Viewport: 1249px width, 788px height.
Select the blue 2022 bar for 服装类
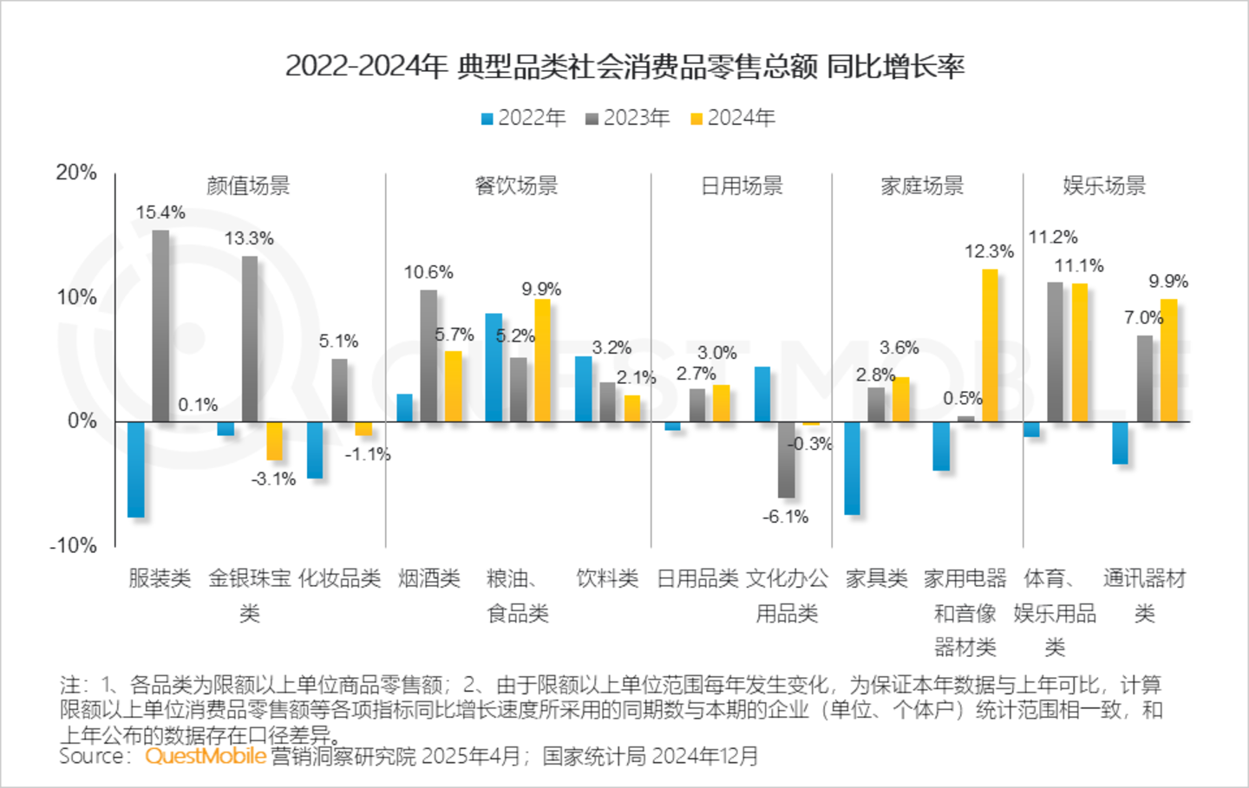click(136, 469)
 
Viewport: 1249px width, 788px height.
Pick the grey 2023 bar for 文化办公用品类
click(787, 459)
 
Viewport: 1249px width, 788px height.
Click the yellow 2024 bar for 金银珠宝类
click(274, 440)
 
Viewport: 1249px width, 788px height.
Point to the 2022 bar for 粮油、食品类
click(494, 368)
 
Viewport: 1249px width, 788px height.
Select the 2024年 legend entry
click(733, 118)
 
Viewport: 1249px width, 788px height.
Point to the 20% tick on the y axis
click(76, 173)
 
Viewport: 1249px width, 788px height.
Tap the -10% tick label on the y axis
click(73, 545)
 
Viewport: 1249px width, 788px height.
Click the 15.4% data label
click(160, 212)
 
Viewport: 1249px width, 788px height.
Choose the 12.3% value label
click(989, 251)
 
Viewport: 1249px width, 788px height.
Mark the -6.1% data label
click(786, 517)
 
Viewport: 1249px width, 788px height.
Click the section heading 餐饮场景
click(517, 186)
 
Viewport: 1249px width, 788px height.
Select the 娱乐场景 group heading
click(1104, 186)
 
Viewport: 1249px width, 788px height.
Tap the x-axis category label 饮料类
click(607, 578)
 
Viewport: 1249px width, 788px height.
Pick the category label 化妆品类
click(339, 578)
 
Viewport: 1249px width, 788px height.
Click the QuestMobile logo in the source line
click(206, 756)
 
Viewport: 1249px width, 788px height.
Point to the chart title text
click(624, 66)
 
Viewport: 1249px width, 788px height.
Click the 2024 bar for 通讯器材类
click(1168, 361)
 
